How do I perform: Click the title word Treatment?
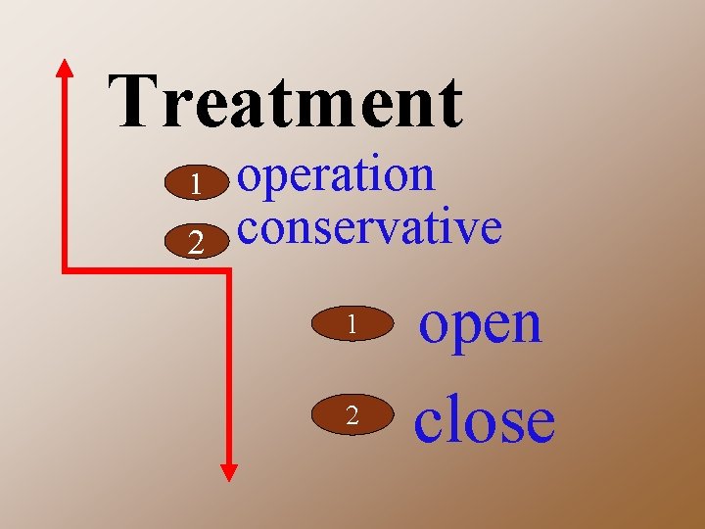pyautogui.click(x=286, y=101)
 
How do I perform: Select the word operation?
pyautogui.click(x=337, y=177)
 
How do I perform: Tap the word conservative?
pyautogui.click(x=369, y=227)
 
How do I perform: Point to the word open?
pyautogui.click(x=480, y=322)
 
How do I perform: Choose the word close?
pyautogui.click(x=484, y=418)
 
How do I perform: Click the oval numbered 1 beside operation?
pyautogui.click(x=197, y=184)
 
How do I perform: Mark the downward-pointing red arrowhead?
pyautogui.click(x=229, y=471)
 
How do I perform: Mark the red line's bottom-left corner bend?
pyautogui.click(x=66, y=269)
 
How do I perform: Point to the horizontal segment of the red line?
pyautogui.click(x=147, y=269)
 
